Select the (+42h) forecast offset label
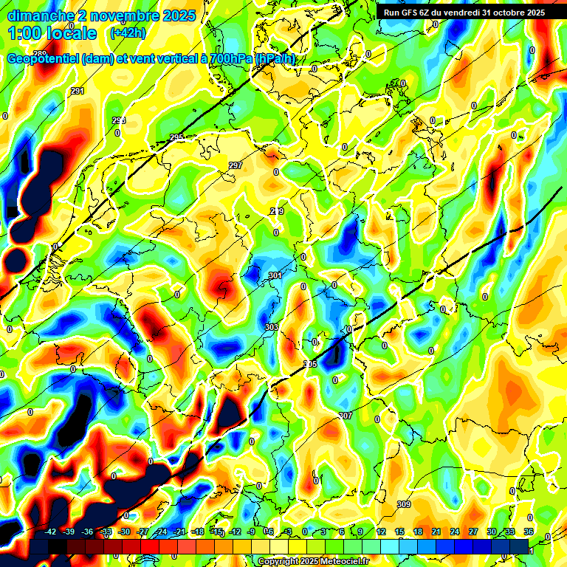coord(127,33)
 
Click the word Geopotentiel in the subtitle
coord(43,59)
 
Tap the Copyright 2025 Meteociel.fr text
coord(314,562)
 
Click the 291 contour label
coord(78,91)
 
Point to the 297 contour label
coord(236,165)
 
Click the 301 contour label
coord(275,276)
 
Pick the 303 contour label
coord(272,326)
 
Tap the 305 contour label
coord(311,364)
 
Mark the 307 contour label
coord(346,416)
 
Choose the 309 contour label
coord(403,504)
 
